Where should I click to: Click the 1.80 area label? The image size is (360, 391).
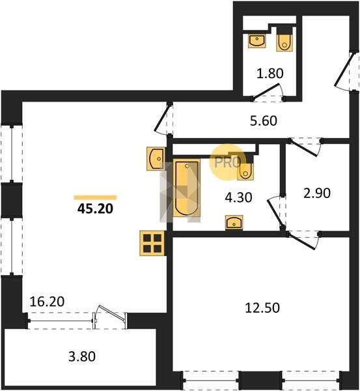coord(270,73)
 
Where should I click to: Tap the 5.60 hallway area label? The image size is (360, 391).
coord(264,121)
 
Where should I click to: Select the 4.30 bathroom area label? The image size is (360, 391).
coord(238,197)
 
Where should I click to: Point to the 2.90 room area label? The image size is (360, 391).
coord(317,194)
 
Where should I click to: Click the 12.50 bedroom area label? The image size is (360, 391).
coord(262,308)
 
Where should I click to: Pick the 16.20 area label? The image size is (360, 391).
coord(47,302)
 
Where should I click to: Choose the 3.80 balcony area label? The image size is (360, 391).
coord(82,356)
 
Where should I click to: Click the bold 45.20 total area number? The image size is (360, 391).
coord(95,209)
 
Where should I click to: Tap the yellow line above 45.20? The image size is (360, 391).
coord(95,197)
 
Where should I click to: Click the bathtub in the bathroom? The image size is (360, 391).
coord(187,188)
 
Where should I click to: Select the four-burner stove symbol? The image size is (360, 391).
coord(152,243)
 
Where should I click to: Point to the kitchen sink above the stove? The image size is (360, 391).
coord(156,158)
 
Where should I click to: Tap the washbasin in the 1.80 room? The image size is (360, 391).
coord(257,41)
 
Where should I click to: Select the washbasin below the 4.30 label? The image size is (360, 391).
coord(234,222)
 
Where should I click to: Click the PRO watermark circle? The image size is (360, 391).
coord(228,162)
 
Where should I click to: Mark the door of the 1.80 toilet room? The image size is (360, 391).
coord(268,93)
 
